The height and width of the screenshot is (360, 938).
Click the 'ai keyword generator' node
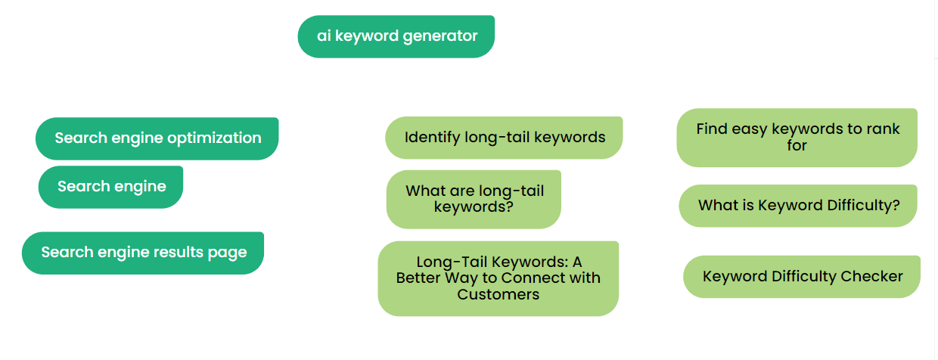coord(396,36)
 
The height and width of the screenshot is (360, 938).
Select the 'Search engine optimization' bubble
coord(157,138)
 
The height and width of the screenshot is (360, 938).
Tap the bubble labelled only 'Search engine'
coord(110,187)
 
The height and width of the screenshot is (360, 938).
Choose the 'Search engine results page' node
coord(143,253)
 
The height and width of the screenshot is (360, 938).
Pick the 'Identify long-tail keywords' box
coord(504,138)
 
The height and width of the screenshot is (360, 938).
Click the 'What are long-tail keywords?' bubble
coord(474,199)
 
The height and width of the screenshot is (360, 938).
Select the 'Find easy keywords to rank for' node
coord(797,138)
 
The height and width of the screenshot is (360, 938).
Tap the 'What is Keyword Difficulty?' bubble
coord(798,206)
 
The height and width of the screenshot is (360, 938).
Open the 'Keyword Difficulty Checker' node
coord(802,276)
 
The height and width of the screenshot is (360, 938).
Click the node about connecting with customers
coord(499,278)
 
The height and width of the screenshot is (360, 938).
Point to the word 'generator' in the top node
coord(440,36)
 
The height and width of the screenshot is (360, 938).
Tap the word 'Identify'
coord(432,138)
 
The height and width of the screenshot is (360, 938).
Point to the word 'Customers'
coord(499,294)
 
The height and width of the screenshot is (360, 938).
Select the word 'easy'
coord(749,129)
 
